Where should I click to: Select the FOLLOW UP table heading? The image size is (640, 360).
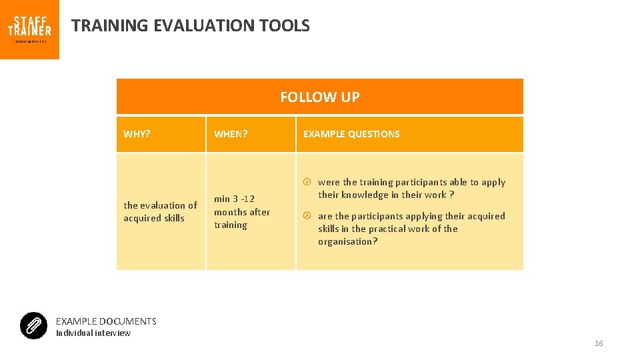[x=319, y=97]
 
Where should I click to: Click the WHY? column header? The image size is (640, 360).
[x=137, y=134]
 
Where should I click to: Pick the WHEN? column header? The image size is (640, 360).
[x=231, y=134]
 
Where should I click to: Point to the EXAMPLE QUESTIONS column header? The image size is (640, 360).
[x=351, y=134]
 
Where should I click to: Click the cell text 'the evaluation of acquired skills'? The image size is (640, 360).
[x=160, y=211]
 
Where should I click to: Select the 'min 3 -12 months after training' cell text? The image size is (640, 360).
[x=241, y=211]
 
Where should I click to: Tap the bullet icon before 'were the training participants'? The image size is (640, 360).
[x=307, y=182]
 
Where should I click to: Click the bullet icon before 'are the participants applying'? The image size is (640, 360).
[x=307, y=216]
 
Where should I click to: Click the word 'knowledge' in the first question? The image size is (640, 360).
[x=365, y=195]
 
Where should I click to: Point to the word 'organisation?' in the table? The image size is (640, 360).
[x=347, y=241]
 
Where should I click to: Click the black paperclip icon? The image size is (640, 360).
[x=33, y=325]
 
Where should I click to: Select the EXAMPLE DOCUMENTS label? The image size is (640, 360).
[x=106, y=321]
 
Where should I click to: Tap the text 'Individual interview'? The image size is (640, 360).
[x=93, y=333]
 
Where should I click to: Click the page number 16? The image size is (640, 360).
[x=598, y=343]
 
